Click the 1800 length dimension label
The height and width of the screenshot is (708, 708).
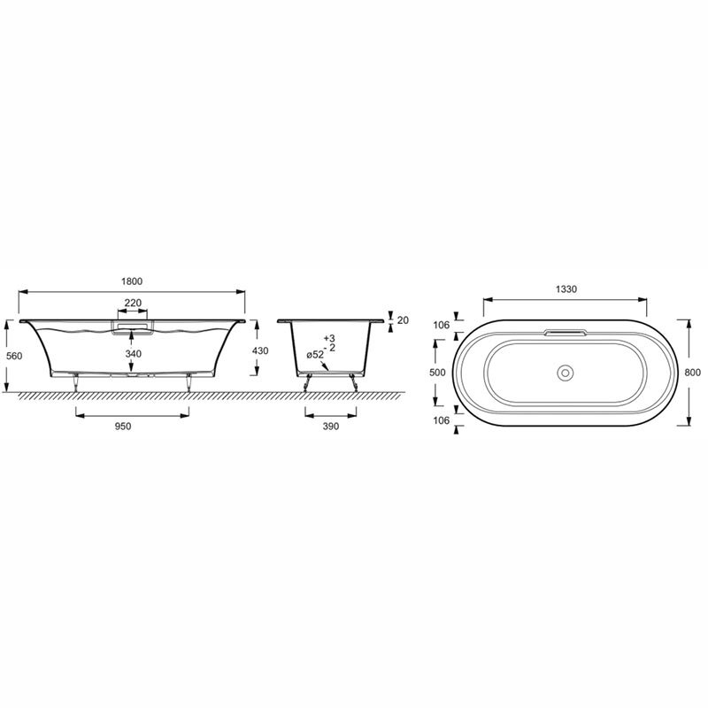point(132,281)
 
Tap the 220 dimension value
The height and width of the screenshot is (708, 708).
point(133,303)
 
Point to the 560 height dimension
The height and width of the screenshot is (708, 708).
point(14,357)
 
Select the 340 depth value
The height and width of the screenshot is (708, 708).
point(134,354)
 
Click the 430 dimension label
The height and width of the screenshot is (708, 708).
point(260,350)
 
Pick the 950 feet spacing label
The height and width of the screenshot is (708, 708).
point(122,427)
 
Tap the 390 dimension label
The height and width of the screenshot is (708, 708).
point(330,427)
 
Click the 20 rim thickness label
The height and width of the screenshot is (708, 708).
point(403,320)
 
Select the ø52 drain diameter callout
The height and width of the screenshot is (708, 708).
point(316,355)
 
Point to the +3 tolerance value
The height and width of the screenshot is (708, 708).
point(329,339)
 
